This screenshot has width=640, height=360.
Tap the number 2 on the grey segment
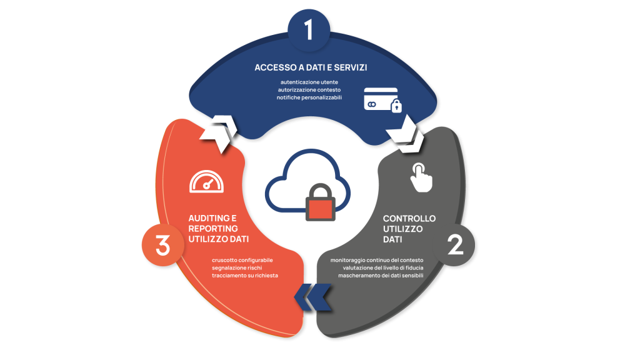[456, 246]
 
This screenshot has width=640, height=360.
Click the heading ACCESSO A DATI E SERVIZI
[310, 67]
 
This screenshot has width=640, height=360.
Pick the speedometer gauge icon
[206, 181]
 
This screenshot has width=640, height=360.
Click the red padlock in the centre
[319, 206]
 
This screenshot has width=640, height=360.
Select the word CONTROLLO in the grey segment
[409, 218]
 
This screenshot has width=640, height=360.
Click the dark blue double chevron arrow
[312, 297]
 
